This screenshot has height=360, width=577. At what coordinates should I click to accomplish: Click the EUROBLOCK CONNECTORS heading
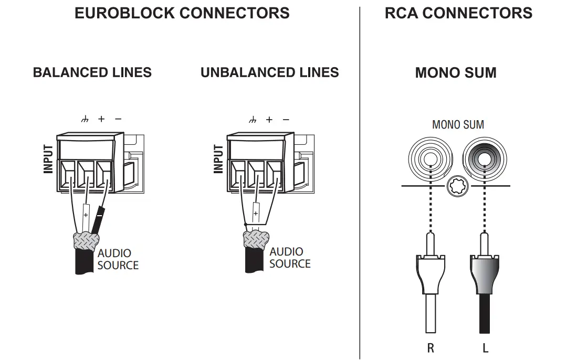[182, 13]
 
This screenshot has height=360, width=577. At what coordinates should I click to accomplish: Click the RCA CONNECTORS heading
[458, 13]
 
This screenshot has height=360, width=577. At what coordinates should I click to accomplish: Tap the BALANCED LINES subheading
[92, 72]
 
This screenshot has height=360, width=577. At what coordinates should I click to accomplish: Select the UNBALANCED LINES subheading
[270, 72]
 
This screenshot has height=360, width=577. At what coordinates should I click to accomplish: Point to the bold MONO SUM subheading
[456, 72]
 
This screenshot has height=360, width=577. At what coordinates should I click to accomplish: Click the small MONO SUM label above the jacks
[458, 125]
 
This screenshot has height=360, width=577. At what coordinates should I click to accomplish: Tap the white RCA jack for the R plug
[431, 159]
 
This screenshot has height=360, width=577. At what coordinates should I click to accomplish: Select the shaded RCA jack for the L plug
[485, 159]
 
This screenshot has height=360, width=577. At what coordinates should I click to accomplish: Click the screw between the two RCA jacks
[458, 186]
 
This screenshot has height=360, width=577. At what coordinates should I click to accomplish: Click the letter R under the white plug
[431, 348]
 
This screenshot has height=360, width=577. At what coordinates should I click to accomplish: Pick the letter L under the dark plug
[485, 348]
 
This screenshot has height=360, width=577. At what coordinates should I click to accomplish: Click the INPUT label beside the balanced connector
[48, 159]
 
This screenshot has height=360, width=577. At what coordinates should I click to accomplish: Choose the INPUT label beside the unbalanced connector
[218, 159]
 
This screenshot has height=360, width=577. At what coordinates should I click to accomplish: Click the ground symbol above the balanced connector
[85, 119]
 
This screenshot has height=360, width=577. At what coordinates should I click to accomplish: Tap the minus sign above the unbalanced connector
[286, 120]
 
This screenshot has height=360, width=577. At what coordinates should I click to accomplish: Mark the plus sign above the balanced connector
[101, 119]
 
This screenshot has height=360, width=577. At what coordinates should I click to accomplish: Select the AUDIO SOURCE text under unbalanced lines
[290, 258]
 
